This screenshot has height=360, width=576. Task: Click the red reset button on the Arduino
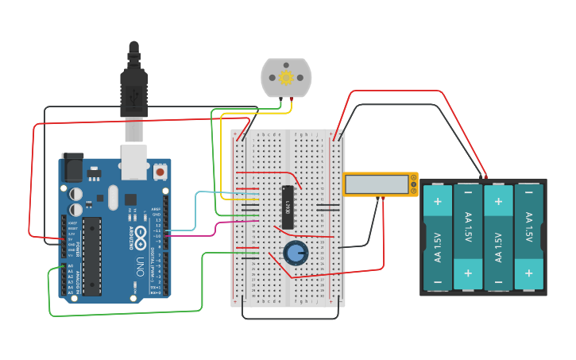pyautogui.click(x=160, y=171)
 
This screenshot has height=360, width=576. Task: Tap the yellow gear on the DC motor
pyautogui.click(x=286, y=77)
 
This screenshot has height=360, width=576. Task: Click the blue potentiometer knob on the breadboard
pyautogui.click(x=296, y=254)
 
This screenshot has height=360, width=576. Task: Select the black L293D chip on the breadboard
pyautogui.click(x=288, y=207)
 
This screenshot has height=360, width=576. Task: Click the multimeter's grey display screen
pyautogui.click(x=377, y=184)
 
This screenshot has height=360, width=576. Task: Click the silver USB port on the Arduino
pyautogui.click(x=133, y=161)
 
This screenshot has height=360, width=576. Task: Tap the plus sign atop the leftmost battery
pyautogui.click(x=437, y=202)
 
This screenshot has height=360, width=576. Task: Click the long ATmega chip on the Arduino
pyautogui.click(x=92, y=256)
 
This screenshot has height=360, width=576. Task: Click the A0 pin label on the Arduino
pyautogui.click(x=70, y=266)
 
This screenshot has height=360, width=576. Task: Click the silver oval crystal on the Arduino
pyautogui.click(x=113, y=197)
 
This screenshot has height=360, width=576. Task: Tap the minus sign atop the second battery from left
pyautogui.click(x=468, y=193)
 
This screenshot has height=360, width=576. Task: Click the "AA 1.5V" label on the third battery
pyautogui.click(x=498, y=246)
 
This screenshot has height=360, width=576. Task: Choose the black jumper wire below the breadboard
pyautogui.click(x=290, y=319)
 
